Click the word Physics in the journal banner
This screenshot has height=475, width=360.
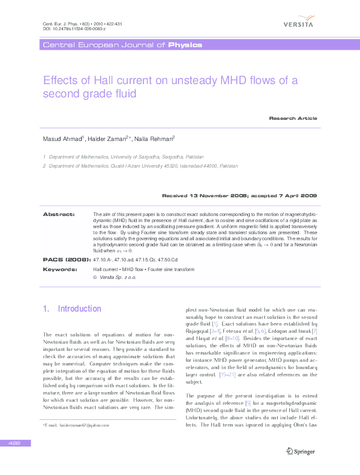tap(185, 45)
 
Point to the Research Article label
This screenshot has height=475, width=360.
tap(293, 118)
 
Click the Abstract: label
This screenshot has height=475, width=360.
tap(59, 214)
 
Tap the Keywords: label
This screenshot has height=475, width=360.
tap(60, 268)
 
